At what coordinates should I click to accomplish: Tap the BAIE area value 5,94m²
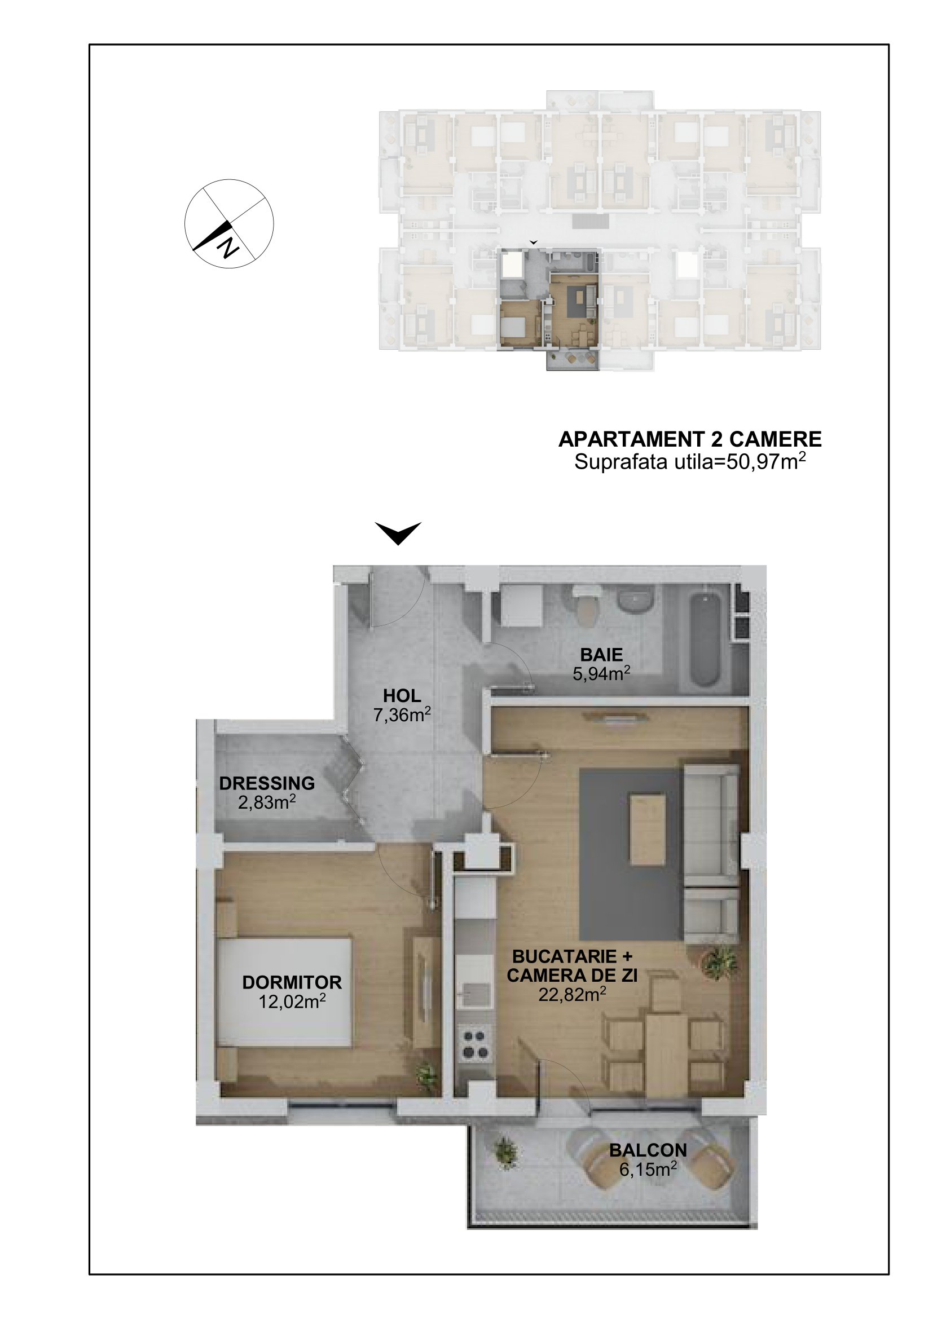601,673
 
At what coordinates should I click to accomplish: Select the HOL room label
402,696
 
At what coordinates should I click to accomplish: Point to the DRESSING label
267,783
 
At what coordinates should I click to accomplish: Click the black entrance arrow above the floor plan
398,533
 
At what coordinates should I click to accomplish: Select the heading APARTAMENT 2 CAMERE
690,439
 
